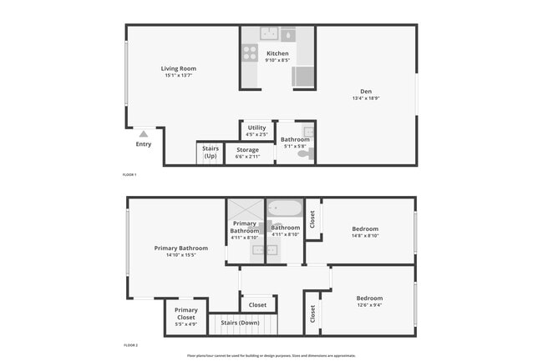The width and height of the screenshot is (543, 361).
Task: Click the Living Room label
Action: tap(178, 69)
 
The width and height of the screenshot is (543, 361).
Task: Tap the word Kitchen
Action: tap(277, 53)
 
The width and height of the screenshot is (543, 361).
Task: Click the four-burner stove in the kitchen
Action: tap(250, 53)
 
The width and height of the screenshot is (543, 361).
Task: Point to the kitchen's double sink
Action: tap(269, 34)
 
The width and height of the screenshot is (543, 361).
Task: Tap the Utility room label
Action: tap(256, 128)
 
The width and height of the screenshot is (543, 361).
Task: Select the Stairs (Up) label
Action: tap(211, 152)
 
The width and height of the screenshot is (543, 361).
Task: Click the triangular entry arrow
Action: tap(144, 133)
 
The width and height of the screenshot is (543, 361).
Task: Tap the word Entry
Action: tap(144, 144)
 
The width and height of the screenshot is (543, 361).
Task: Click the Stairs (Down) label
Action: tap(239, 323)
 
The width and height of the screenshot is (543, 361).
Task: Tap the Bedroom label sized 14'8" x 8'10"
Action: tap(365, 228)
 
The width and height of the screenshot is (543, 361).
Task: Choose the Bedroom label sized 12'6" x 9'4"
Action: tap(369, 298)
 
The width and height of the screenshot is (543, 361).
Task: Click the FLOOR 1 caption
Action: tap(129, 174)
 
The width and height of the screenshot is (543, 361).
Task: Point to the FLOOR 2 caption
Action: tap(129, 344)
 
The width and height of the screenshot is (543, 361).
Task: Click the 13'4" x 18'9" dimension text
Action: tap(366, 98)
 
